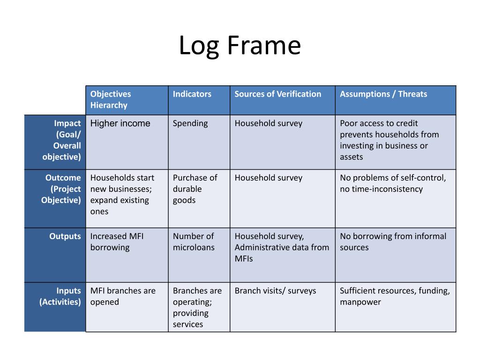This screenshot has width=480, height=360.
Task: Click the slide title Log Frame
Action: [240, 46]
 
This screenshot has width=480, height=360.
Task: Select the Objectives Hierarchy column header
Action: [111, 99]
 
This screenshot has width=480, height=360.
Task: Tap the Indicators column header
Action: [192, 94]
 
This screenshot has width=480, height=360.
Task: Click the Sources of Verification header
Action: [278, 94]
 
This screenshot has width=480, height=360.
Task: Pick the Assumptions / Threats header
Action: [383, 94]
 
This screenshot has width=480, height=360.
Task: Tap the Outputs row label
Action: [65, 236]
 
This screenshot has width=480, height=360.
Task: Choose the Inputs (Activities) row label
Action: [60, 296]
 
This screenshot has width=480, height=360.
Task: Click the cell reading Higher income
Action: [120, 123]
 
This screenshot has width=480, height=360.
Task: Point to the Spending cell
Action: [190, 123]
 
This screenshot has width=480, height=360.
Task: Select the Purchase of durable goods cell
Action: [195, 189]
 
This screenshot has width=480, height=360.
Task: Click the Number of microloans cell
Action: [194, 242]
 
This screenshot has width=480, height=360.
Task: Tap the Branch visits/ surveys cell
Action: [275, 291]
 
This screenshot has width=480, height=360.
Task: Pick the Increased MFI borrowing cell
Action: [117, 242]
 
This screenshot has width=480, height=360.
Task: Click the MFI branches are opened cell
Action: [123, 296]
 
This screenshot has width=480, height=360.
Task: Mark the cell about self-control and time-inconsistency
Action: [393, 183]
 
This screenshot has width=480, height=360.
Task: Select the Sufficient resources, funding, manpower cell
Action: [395, 296]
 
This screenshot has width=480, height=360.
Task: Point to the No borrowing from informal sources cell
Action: [393, 242]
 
